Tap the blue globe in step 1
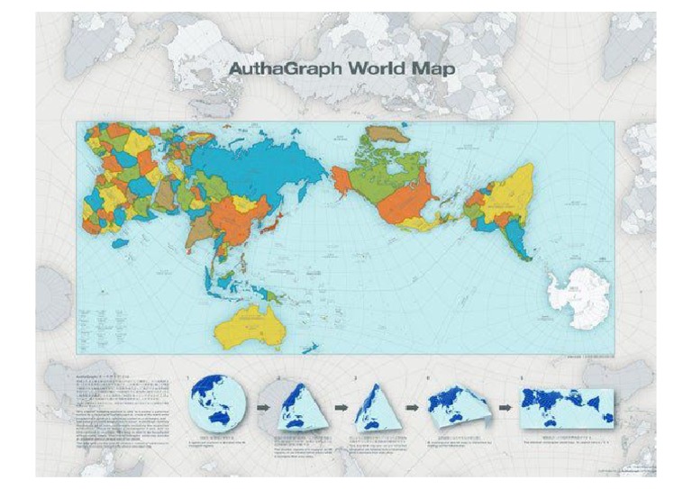click(215, 402)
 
